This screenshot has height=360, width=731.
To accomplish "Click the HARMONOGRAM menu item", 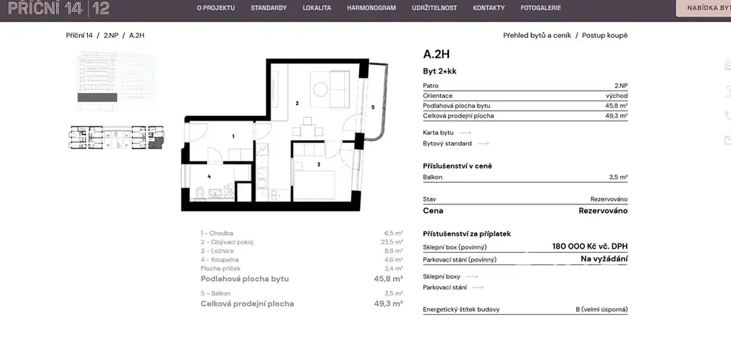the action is (x=371, y=8).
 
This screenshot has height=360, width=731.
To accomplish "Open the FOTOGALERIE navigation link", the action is (x=540, y=8).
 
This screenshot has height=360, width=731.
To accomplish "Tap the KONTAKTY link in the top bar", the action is (x=488, y=8).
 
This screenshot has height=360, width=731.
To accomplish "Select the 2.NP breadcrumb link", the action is (x=111, y=35).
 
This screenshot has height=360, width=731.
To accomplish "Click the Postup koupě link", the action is (x=605, y=36).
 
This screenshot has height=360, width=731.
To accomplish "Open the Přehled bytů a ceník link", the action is (x=537, y=36).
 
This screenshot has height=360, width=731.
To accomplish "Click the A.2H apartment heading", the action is (x=436, y=54).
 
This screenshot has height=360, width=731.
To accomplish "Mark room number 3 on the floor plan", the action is (x=318, y=164).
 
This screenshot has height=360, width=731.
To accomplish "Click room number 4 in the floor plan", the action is (x=209, y=176).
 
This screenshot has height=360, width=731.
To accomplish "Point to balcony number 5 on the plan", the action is (x=373, y=107).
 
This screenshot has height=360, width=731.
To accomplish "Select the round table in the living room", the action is (x=321, y=89).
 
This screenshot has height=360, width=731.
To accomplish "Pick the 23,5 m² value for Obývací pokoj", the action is (x=392, y=242).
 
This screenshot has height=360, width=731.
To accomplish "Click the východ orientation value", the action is (x=616, y=96).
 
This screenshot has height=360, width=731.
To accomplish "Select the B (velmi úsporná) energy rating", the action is (x=601, y=309).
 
